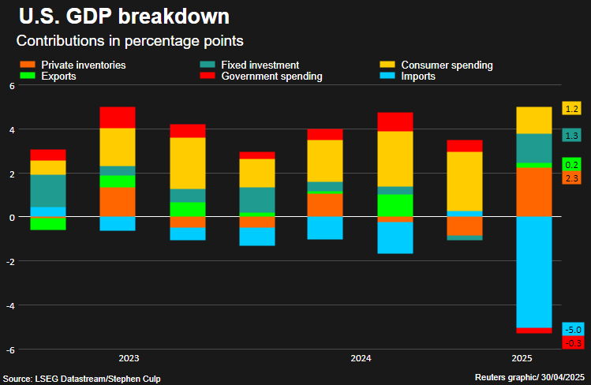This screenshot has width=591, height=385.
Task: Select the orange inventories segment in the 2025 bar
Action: [533, 192]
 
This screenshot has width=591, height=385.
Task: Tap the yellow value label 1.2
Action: [572, 109]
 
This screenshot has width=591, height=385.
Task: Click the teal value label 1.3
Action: [572, 136]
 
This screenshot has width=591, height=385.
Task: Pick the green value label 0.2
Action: [572, 164]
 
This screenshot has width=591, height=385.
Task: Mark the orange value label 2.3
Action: [572, 178]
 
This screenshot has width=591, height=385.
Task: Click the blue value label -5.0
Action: [572, 329]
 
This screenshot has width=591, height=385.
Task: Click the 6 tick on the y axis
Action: [12, 85]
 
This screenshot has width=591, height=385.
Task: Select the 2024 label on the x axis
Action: [361, 358]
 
